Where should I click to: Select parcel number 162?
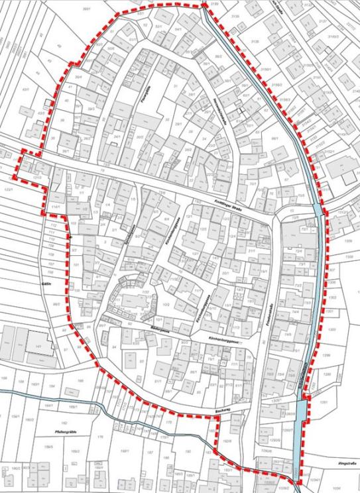(x=64, y=421)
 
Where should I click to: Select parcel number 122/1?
(x=9, y=190)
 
